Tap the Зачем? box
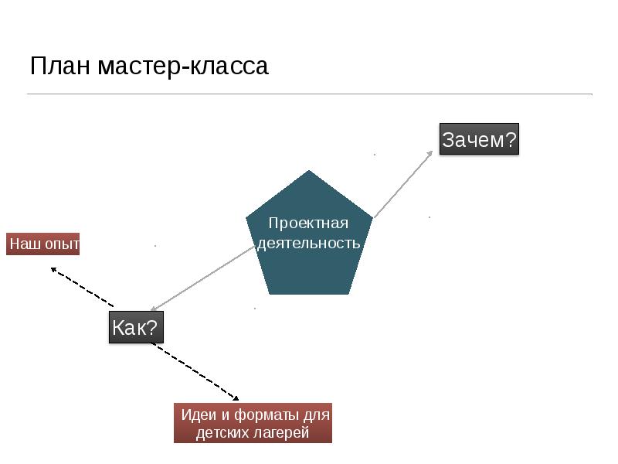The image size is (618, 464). (479, 141)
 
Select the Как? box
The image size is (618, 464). (136, 328)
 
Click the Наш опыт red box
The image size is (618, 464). (43, 244)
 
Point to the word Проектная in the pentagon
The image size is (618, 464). (309, 223)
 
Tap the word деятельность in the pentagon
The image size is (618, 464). (309, 244)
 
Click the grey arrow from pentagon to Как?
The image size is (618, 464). (202, 278)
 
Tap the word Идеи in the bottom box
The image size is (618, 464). (197, 415)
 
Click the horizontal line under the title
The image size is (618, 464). (309, 94)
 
